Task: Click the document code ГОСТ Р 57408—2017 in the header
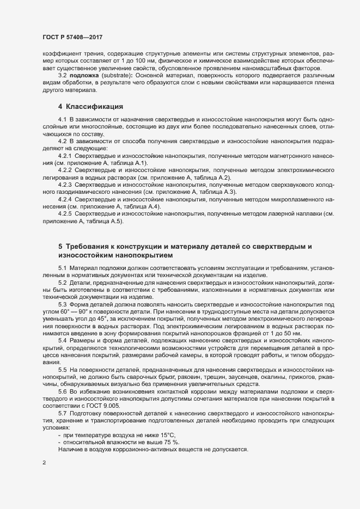click(72, 38)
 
